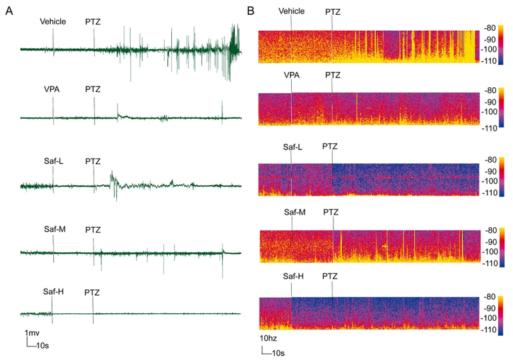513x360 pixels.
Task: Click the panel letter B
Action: (251, 10)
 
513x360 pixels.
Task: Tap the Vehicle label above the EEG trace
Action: (53, 22)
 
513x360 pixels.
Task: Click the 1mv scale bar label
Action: (34, 334)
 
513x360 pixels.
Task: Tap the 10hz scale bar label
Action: (269, 338)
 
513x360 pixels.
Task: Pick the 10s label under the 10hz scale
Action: (277, 352)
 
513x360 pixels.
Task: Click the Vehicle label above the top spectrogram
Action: (292, 11)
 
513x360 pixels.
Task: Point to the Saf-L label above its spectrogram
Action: (292, 147)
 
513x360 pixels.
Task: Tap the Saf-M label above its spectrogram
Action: (292, 212)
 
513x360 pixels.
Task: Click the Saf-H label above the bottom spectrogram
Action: (292, 277)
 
